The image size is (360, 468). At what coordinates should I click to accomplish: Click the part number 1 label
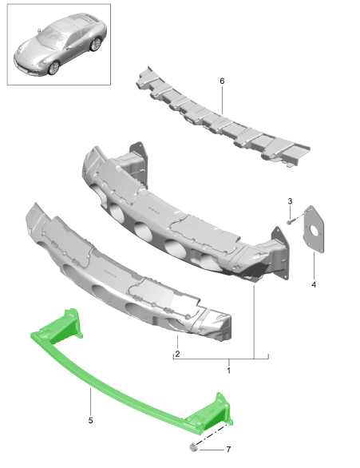click(x=228, y=371)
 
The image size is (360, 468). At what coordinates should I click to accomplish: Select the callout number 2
click(x=177, y=353)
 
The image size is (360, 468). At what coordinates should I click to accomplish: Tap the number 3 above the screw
click(x=290, y=201)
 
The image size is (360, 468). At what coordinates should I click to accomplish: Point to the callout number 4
click(x=314, y=284)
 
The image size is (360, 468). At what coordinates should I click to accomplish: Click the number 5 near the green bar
click(x=90, y=420)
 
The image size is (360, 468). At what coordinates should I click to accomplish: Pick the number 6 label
click(x=222, y=81)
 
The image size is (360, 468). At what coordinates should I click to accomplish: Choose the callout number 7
click(x=227, y=450)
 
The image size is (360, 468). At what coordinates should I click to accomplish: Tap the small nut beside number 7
click(x=192, y=446)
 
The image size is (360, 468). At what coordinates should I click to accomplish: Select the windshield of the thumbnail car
click(x=55, y=36)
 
